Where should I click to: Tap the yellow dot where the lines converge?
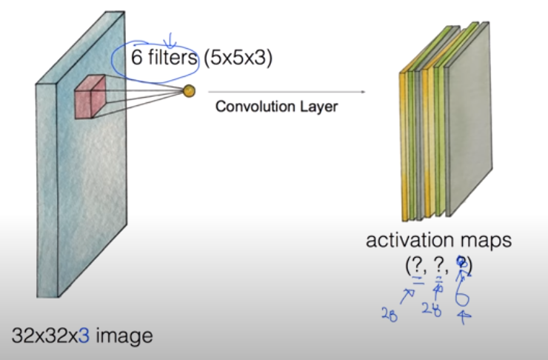click(188, 91)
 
